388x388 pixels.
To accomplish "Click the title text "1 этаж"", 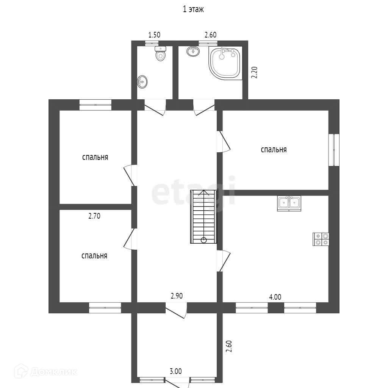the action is pos(194,10).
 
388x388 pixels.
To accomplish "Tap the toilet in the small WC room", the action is pos(161,55).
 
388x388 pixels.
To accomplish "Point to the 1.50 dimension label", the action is pos(154,35).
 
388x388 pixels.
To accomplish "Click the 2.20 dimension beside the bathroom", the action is pos(255,72).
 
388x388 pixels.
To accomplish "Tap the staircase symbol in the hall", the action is pos(204,217).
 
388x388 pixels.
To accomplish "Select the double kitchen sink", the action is pos(289,203).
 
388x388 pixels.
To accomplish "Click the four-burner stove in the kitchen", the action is pos(321,239).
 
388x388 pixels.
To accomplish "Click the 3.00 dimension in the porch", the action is pos(176,371).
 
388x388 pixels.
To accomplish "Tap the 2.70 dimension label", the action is pos(94,217).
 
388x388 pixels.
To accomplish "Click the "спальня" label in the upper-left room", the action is pos(95,157).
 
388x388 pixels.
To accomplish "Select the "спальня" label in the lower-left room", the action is pos(94,256).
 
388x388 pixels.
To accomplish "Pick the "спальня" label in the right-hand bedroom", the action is pos(274,150).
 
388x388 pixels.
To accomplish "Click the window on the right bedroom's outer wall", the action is pos(334,149).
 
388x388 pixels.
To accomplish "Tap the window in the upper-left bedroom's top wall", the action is pos(95,105).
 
